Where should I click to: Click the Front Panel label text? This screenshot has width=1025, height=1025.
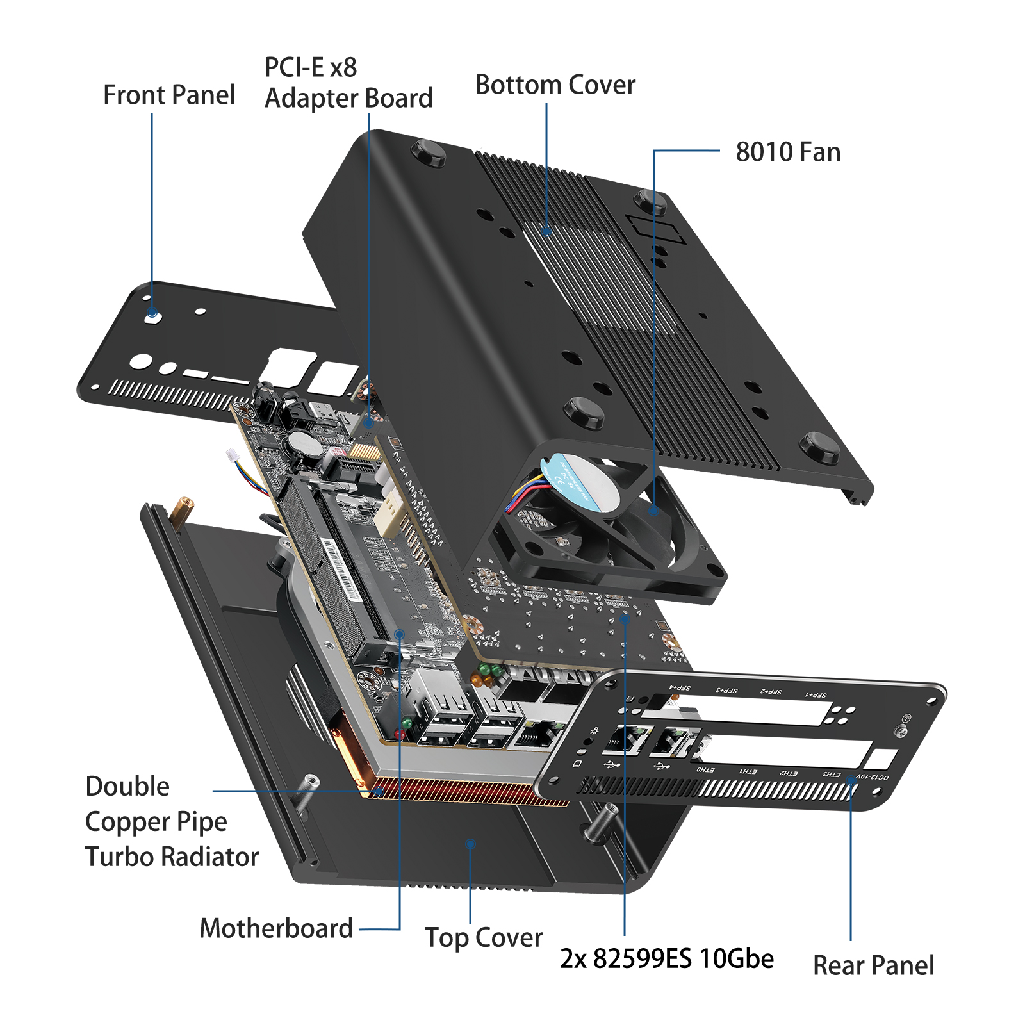169,95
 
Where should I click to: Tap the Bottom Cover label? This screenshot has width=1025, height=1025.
555,85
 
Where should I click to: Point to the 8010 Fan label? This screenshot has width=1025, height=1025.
787,152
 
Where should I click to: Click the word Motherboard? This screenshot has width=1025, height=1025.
276,928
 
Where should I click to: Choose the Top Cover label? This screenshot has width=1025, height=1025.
484,938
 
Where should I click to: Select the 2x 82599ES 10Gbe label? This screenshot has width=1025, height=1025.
666,959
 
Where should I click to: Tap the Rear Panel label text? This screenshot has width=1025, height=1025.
873,965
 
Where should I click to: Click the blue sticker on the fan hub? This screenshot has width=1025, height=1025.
580,480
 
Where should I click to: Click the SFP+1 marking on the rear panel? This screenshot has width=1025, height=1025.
816,694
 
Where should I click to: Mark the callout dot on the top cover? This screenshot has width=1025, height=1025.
470,844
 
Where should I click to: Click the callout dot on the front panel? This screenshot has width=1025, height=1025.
152,313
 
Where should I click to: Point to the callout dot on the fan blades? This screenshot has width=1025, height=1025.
653,511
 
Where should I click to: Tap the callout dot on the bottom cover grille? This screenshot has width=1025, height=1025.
546,231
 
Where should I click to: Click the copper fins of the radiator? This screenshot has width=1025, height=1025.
461,791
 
